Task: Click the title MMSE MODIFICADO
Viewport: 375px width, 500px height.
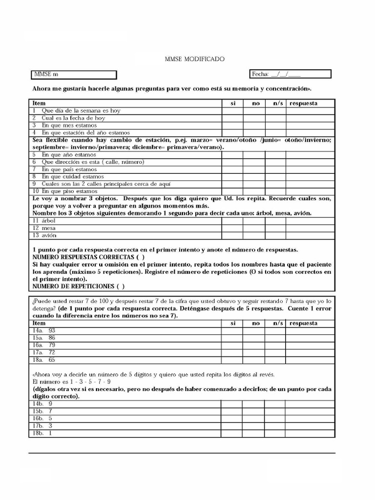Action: [x=195, y=59]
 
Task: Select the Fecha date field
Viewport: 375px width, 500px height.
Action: [x=290, y=74]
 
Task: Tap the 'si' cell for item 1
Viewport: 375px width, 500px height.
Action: [x=232, y=111]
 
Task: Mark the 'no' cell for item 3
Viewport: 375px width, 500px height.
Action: [x=254, y=125]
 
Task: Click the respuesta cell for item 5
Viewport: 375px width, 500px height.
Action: [x=310, y=155]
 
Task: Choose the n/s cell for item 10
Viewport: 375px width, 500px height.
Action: [x=275, y=191]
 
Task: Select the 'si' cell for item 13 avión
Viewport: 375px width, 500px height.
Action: [x=232, y=235]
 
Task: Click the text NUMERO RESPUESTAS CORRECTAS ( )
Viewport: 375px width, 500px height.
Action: [x=88, y=257]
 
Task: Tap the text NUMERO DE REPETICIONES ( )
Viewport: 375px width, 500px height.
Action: [x=78, y=286]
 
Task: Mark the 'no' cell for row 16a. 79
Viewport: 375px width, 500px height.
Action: [x=254, y=345]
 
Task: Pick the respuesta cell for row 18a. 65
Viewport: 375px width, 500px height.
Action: [x=310, y=360]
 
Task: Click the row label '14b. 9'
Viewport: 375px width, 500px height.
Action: [x=42, y=404]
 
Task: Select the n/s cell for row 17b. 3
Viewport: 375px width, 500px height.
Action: [x=275, y=426]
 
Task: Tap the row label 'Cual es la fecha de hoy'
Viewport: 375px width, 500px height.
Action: [x=73, y=118]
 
